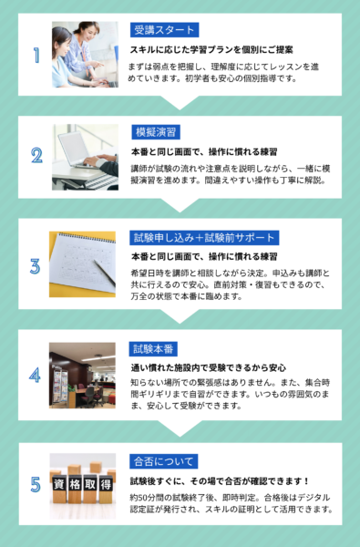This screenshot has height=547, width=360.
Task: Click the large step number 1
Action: [36, 55]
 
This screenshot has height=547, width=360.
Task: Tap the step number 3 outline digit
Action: [35, 266]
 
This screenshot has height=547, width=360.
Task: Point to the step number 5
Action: [36, 485]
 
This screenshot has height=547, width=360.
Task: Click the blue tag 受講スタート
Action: [164, 30]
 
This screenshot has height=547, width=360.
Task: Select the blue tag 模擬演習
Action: [156, 132]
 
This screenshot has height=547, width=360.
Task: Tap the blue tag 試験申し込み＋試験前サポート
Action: [204, 238]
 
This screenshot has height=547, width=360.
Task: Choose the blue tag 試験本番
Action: [153, 349]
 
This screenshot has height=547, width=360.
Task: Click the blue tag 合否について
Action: [164, 461]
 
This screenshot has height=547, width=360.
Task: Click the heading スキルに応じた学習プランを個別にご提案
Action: [211, 50]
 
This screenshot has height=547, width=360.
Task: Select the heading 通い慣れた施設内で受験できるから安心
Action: [209, 367]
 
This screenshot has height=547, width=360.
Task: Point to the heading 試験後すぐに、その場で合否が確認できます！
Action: [220, 481]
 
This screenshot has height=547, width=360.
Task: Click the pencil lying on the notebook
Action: [104, 273]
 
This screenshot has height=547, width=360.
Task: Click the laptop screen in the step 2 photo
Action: [73, 149]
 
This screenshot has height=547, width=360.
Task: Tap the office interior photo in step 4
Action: [82, 376]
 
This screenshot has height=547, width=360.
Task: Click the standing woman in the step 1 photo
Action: [85, 49]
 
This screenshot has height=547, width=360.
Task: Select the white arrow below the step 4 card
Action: [180, 428]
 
